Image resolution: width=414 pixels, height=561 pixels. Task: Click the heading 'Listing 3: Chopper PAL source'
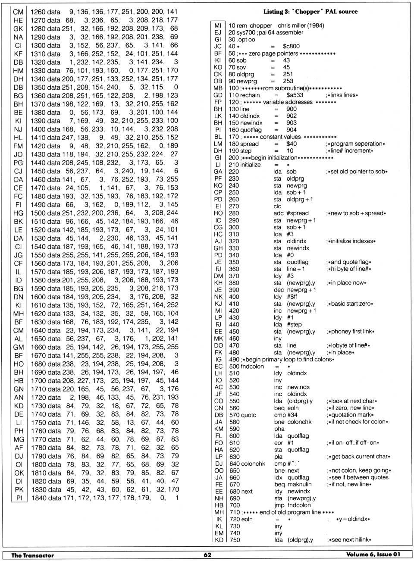pyautogui.click(x=310, y=12)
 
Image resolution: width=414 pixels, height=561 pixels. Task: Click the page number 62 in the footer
pyautogui.click(x=207, y=555)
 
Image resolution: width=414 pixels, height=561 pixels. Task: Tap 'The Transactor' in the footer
pyautogui.click(x=33, y=555)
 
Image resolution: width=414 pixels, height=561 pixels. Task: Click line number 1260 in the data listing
pyautogui.click(x=38, y=12)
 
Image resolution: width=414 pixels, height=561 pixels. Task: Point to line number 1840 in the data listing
pyautogui.click(x=38, y=498)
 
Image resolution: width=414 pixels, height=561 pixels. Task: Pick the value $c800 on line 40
pyautogui.click(x=291, y=46)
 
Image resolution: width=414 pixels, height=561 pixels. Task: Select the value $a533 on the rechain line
pyautogui.click(x=295, y=95)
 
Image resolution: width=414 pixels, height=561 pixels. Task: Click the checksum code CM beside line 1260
pyautogui.click(x=18, y=12)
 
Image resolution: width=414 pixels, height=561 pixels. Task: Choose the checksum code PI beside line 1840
pyautogui.click(x=19, y=498)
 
